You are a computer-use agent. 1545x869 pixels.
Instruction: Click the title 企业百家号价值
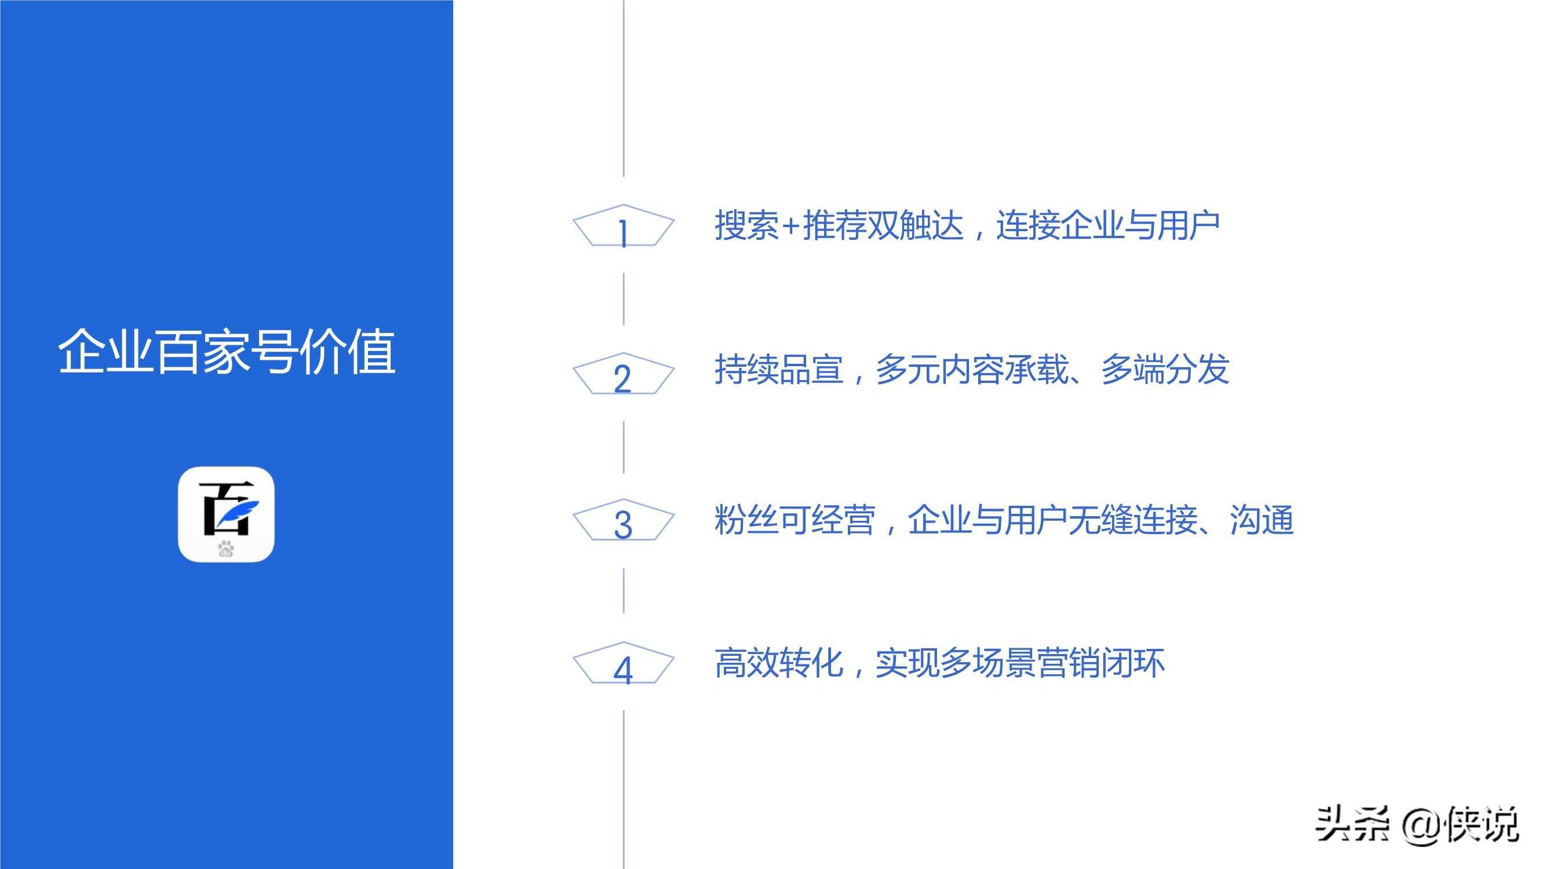(x=226, y=352)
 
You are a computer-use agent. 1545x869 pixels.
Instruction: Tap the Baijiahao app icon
(x=226, y=514)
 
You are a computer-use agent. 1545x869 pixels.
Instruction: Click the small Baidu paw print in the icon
(x=226, y=548)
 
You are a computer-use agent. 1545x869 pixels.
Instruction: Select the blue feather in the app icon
(x=240, y=513)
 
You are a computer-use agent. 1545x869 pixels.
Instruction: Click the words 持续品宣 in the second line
(x=778, y=369)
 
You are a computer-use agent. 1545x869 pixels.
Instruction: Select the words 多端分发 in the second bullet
(x=1165, y=369)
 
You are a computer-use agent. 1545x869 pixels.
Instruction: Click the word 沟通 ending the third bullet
(x=1261, y=519)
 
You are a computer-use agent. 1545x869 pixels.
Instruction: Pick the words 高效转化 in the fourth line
(x=778, y=663)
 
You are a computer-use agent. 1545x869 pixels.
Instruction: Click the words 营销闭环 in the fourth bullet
(x=1101, y=663)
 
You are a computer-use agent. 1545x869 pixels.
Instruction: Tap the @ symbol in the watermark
(x=1420, y=825)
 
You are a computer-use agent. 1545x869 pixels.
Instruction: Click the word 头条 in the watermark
(x=1352, y=824)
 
